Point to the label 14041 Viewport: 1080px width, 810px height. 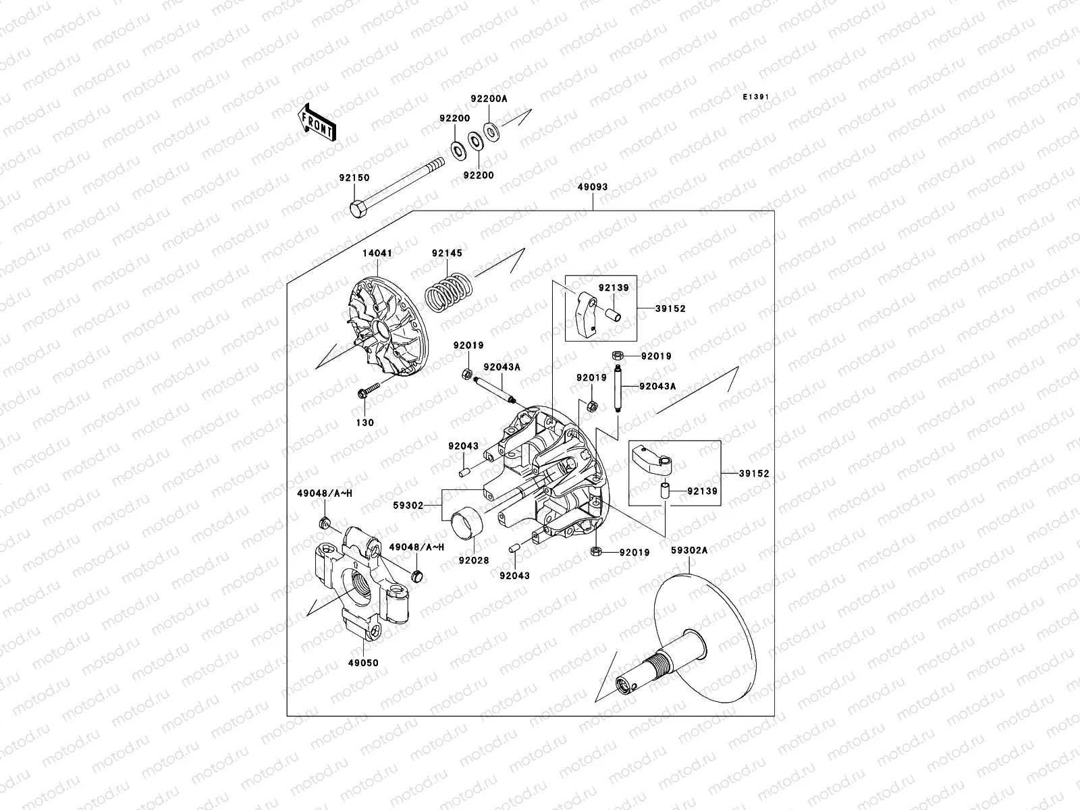point(377,252)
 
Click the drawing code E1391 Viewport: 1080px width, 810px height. point(756,97)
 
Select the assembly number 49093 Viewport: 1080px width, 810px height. point(593,187)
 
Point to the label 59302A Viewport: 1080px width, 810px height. point(689,550)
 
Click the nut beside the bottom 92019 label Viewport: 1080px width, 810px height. point(597,551)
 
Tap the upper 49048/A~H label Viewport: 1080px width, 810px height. point(325,494)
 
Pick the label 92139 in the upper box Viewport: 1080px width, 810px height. point(614,288)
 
